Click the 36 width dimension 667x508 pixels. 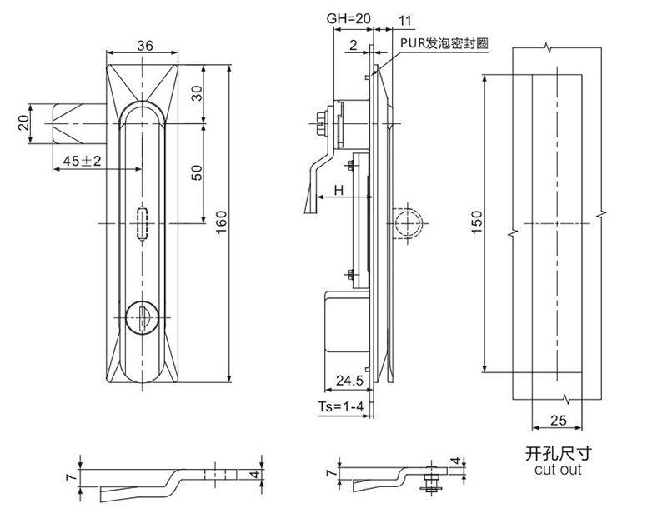143,47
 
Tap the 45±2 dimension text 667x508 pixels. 80,161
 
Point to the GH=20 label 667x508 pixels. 350,18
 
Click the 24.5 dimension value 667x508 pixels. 349,382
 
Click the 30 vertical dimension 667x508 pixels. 198,93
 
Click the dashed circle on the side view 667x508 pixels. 408,222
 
